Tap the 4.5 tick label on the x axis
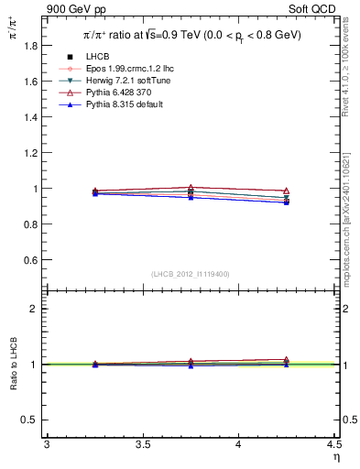pos(333,447)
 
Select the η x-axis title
pos(334,458)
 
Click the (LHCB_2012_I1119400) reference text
pos(191,273)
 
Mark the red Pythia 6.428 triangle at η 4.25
pos(287,191)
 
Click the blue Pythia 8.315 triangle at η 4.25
pos(287,202)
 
